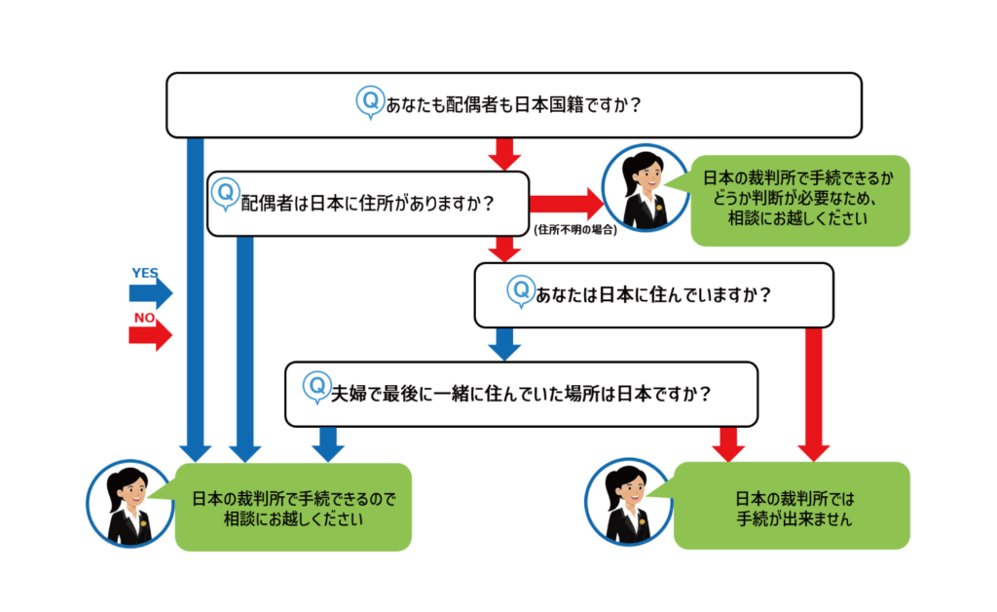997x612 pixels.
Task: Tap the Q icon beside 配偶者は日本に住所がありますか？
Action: (225, 193)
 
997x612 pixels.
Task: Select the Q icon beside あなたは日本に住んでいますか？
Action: (521, 289)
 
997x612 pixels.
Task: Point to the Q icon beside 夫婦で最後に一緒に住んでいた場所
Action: (315, 387)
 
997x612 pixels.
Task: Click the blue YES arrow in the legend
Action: (152, 292)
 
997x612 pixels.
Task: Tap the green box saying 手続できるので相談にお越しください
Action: (292, 507)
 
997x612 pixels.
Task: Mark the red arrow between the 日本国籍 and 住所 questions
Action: (504, 153)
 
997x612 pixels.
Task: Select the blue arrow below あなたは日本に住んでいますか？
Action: (504, 344)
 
